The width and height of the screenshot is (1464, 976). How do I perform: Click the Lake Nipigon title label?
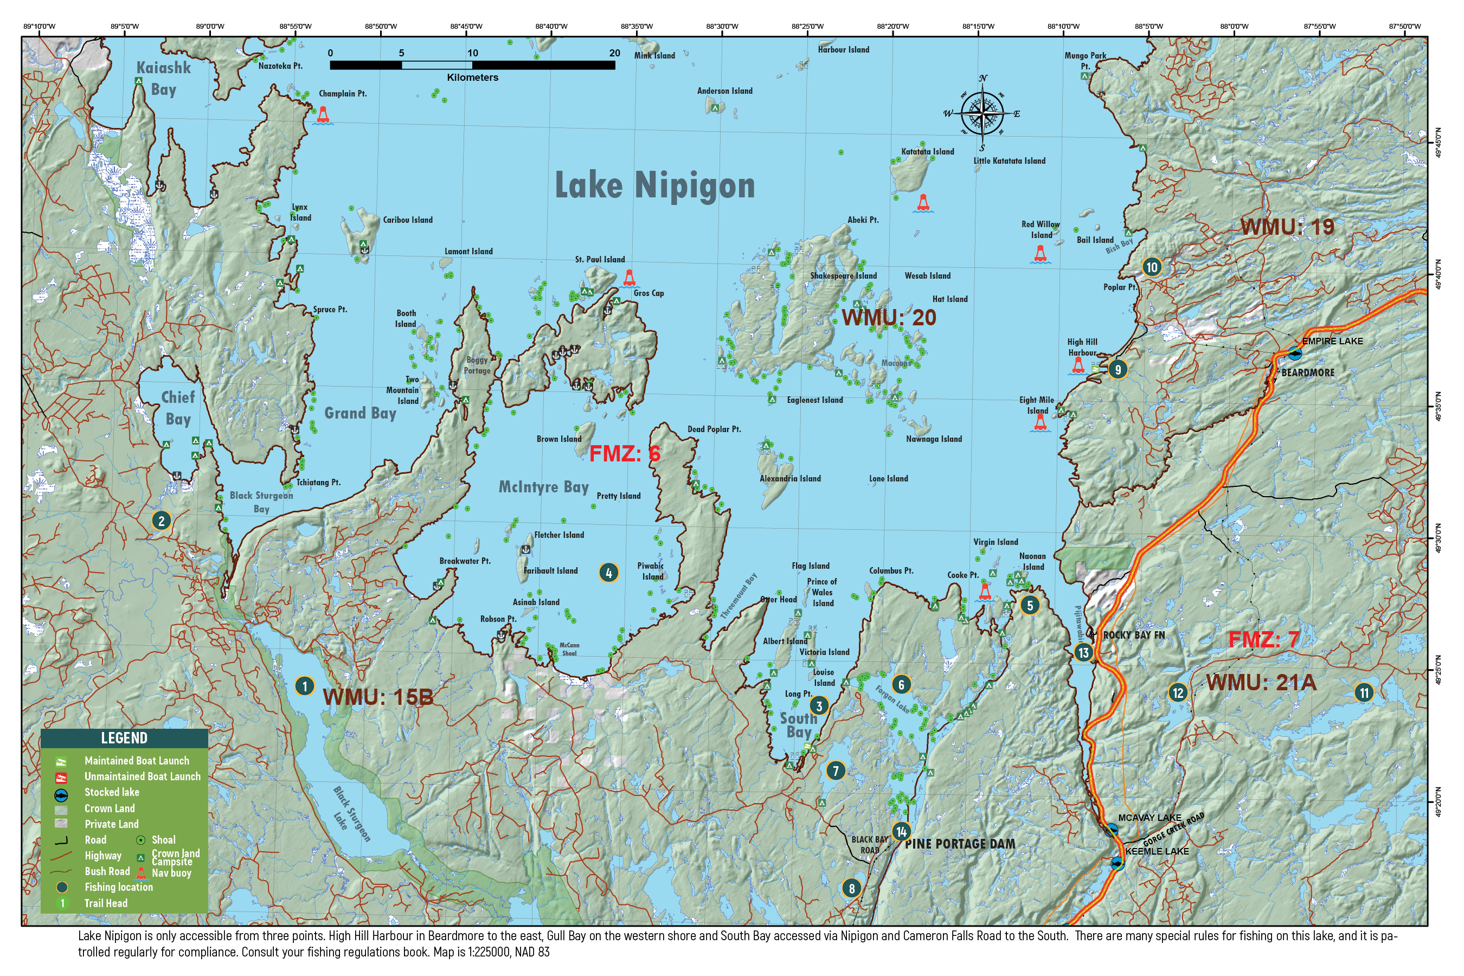[654, 185]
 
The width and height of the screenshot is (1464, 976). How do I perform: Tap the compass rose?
[981, 113]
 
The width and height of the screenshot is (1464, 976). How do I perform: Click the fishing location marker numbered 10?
[1152, 267]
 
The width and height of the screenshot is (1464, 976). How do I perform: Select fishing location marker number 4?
[608, 573]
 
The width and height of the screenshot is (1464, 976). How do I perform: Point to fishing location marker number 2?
[161, 521]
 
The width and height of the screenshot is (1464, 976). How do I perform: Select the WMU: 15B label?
[378, 697]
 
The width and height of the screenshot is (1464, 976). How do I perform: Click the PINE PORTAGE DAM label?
[959, 844]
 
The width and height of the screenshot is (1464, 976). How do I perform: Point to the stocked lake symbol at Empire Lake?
[1295, 354]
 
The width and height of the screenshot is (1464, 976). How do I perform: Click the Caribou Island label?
[407, 220]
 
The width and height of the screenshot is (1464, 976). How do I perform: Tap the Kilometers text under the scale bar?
[472, 78]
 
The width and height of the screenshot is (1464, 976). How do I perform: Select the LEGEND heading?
[124, 738]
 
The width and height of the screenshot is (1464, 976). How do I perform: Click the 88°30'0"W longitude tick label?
[722, 26]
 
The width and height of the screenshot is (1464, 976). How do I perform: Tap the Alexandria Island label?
[790, 479]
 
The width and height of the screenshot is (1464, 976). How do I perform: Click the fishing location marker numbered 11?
[1364, 693]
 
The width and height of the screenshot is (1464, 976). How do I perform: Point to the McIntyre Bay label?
[543, 487]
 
